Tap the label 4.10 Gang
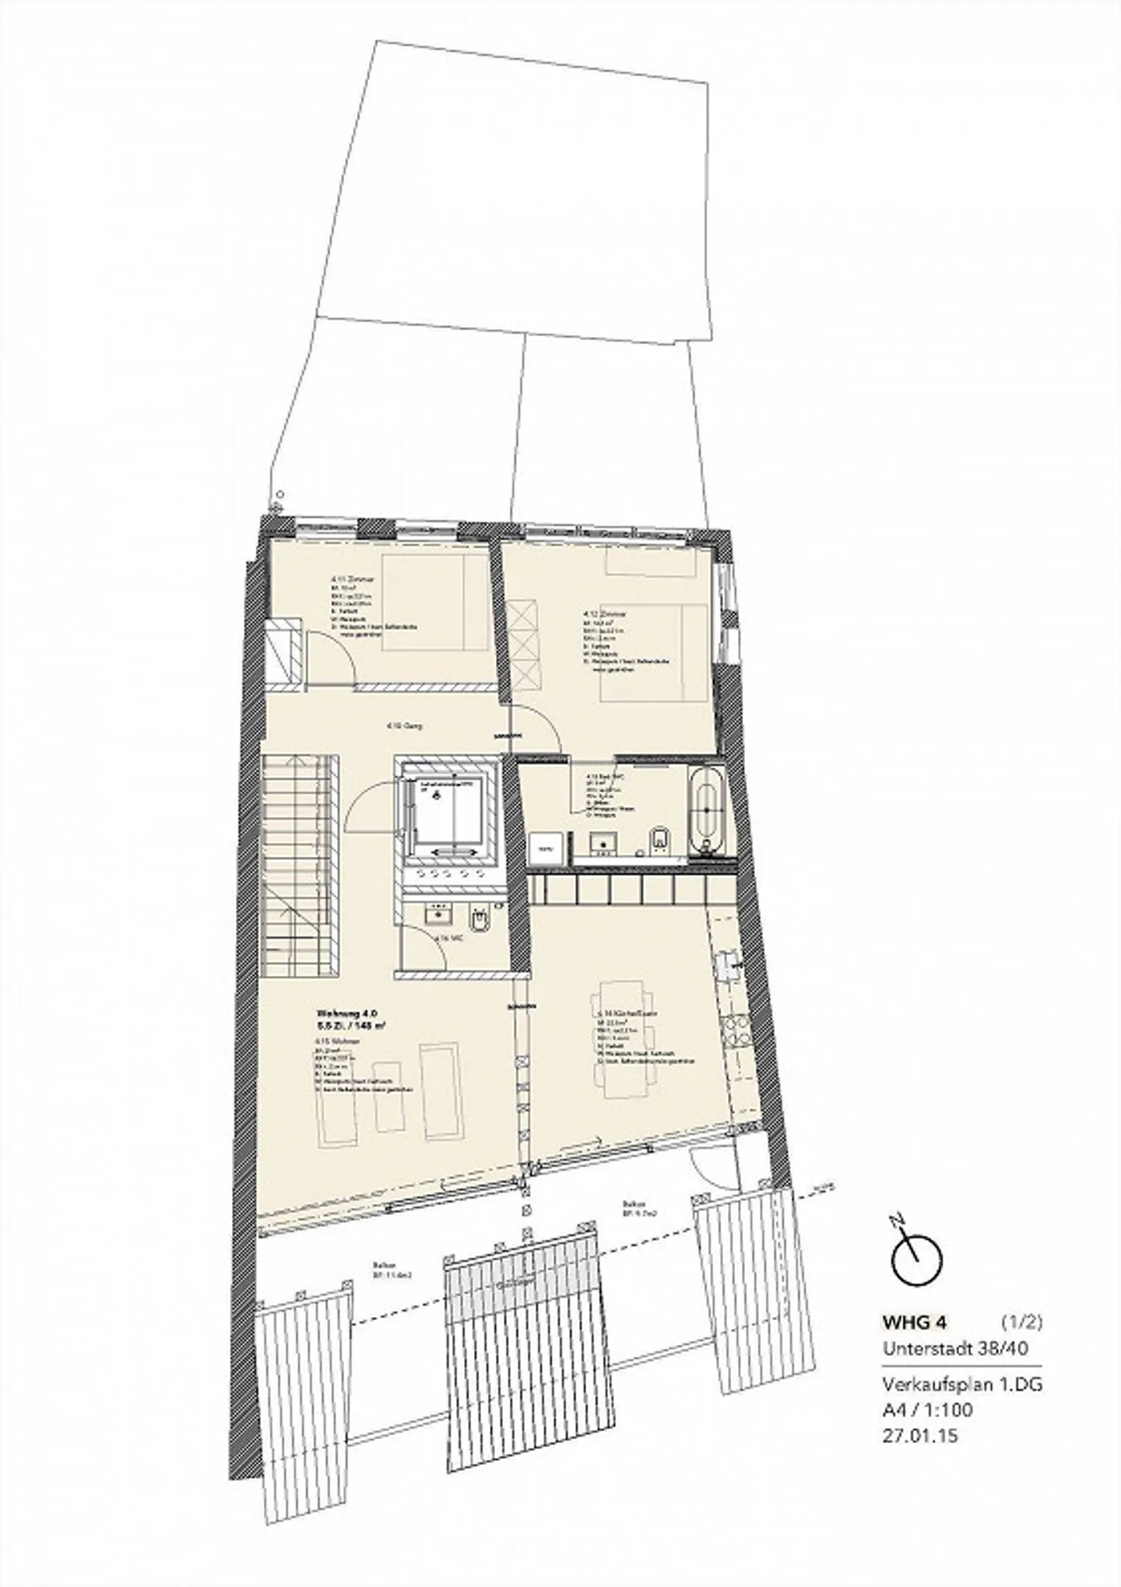[x=399, y=725]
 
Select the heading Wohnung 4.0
[x=346, y=1014]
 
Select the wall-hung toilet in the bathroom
[x=658, y=840]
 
